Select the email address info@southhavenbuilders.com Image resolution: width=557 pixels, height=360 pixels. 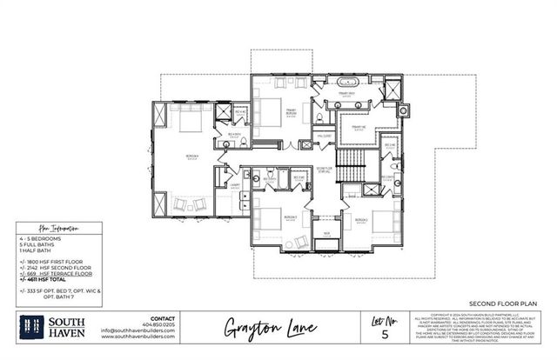pyautogui.click(x=138, y=331)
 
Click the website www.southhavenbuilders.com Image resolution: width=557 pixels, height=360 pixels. pyautogui.click(x=138, y=337)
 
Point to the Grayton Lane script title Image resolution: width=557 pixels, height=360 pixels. pyautogui.click(x=260, y=328)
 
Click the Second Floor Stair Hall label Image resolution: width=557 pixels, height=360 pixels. pyautogui.click(x=324, y=170)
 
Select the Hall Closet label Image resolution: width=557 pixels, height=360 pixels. pyautogui.click(x=322, y=135)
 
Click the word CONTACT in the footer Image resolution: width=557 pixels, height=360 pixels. pyautogui.click(x=163, y=318)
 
